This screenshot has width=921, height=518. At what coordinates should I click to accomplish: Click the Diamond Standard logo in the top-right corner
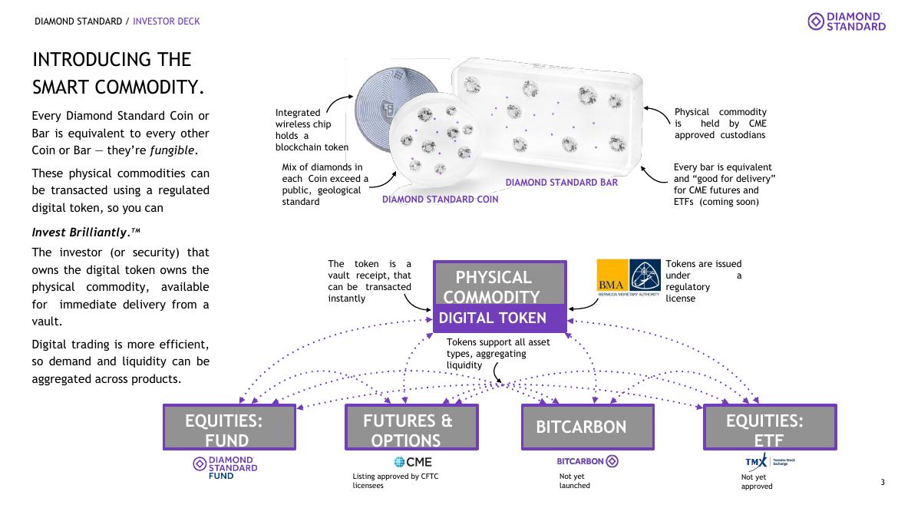[846, 21]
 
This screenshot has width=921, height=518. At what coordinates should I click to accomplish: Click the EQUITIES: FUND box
[229, 427]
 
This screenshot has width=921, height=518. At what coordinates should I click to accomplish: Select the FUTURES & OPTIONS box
[411, 427]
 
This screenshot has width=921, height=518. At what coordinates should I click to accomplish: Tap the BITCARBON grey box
[588, 427]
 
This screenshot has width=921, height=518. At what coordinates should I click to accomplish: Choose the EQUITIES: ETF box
[770, 427]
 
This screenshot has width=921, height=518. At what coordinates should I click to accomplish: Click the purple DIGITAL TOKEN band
[500, 318]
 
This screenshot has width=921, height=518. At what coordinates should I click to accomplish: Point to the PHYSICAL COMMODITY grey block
[500, 283]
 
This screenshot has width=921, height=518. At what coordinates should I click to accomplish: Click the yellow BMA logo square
[612, 275]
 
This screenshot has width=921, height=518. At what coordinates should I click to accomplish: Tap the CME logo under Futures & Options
[413, 462]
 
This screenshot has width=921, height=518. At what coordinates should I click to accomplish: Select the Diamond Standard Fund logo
[225, 468]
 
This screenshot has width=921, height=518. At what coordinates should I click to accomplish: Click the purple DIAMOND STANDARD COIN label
[440, 200]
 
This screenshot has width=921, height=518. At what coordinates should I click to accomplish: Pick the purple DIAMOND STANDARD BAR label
[561, 183]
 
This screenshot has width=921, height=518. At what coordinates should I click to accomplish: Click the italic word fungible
[172, 150]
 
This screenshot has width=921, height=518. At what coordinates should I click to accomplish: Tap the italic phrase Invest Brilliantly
[79, 233]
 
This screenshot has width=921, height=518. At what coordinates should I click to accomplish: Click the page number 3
[883, 482]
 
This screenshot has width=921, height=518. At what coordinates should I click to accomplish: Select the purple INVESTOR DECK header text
[166, 21]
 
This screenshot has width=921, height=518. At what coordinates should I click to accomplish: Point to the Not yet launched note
[574, 481]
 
